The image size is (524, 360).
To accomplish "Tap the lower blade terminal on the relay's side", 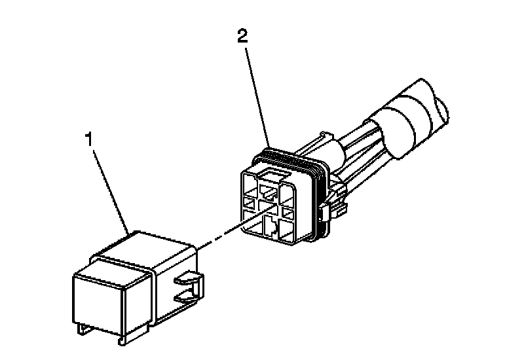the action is [187, 300].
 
